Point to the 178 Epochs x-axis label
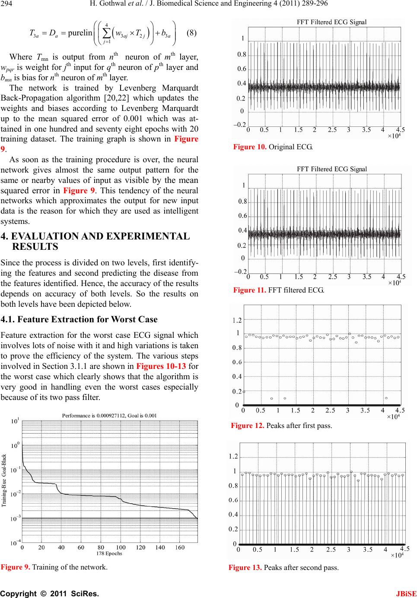(x=109, y=554)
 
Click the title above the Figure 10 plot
(x=331, y=22)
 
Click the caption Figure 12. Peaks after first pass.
(x=281, y=425)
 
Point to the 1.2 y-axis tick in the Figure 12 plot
(x=237, y=320)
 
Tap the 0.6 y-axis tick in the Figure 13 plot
(x=233, y=500)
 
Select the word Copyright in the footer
(x=18, y=594)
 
